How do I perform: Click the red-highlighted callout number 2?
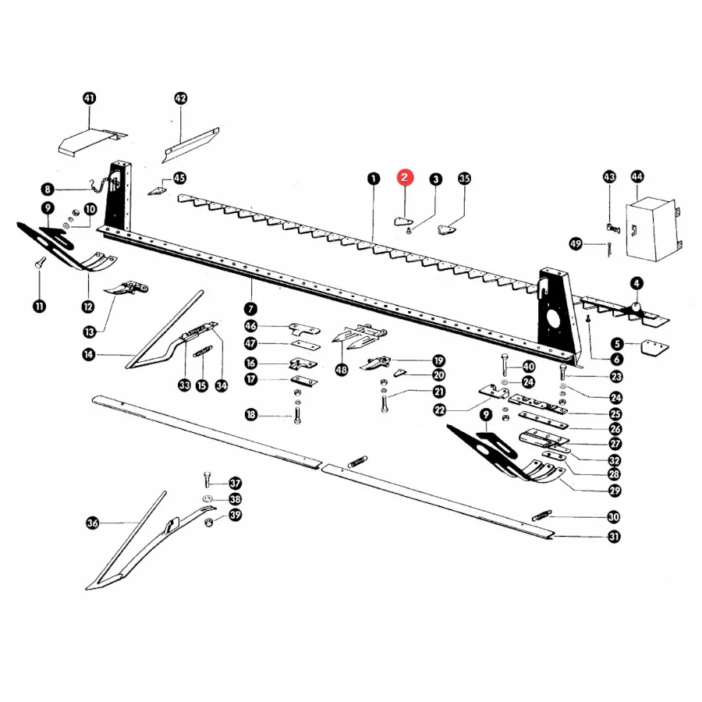pyautogui.click(x=404, y=177)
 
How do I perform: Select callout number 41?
pyautogui.click(x=90, y=98)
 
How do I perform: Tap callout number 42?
pyautogui.click(x=180, y=98)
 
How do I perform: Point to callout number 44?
pyautogui.click(x=637, y=176)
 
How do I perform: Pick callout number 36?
pyautogui.click(x=92, y=523)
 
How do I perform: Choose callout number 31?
pyautogui.click(x=615, y=537)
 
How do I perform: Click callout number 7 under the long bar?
pyautogui.click(x=250, y=308)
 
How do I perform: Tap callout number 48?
pyautogui.click(x=342, y=370)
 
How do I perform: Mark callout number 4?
pyautogui.click(x=636, y=283)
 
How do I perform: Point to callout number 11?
pyautogui.click(x=40, y=307)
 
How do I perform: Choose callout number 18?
pyautogui.click(x=251, y=415)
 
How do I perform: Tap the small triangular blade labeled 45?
pyautogui.click(x=156, y=190)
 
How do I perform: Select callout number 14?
pyautogui.click(x=89, y=355)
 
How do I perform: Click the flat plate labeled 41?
pyautogui.click(x=92, y=141)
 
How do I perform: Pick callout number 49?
pyautogui.click(x=576, y=244)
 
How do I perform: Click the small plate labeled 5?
pyautogui.click(x=655, y=346)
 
